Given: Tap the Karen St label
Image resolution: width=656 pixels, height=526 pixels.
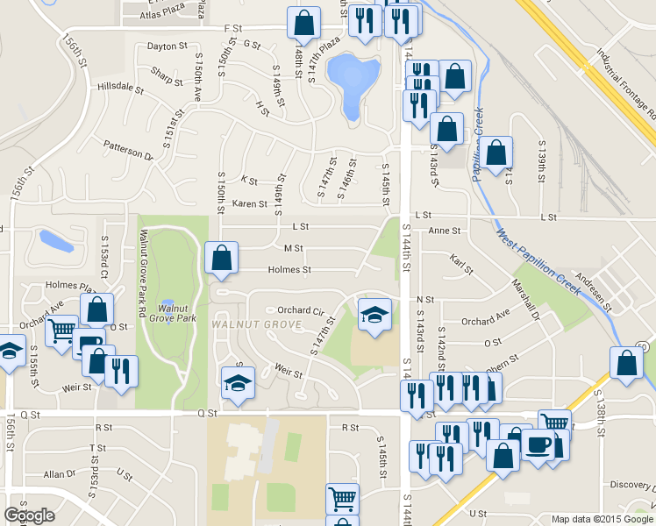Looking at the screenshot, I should pos(250,204).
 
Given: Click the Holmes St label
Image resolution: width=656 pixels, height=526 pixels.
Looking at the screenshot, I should pos(289,270).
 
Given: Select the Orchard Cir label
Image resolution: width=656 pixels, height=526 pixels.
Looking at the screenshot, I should pos(301,310).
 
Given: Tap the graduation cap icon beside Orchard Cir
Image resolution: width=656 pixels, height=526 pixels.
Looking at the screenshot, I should pos(374,314).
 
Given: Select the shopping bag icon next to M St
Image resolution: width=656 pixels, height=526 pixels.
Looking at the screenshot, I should pos(221,257).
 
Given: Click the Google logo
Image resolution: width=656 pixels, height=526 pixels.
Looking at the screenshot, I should pos(29,515).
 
